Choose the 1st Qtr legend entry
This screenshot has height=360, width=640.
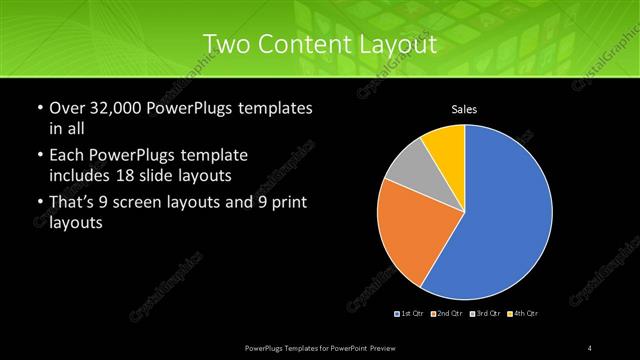(x=411, y=314)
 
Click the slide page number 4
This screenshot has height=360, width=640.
(x=590, y=347)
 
